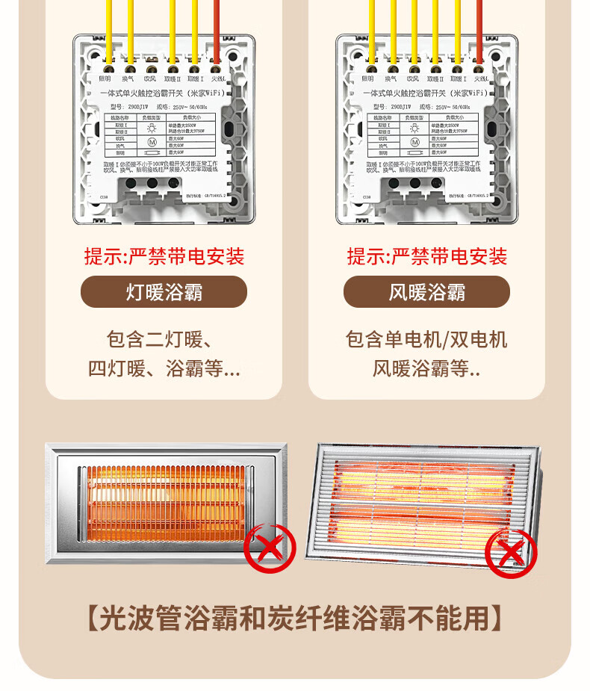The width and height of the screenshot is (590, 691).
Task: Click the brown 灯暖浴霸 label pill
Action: click(x=164, y=291)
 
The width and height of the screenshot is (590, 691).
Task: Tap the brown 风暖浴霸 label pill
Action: click(x=426, y=291)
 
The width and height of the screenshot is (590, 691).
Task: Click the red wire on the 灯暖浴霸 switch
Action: click(x=217, y=30)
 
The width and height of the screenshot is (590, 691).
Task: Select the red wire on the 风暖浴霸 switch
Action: click(x=479, y=30)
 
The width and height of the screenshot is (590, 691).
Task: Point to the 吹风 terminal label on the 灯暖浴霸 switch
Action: click(x=151, y=78)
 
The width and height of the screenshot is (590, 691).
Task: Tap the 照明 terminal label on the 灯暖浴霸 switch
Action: click(x=105, y=78)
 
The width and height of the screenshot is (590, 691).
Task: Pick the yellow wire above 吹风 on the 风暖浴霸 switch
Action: click(x=414, y=30)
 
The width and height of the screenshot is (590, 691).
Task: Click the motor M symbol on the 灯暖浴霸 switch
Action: click(x=152, y=142)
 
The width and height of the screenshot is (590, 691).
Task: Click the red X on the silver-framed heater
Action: click(x=270, y=548)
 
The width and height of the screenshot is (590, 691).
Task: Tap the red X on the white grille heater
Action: click(x=511, y=553)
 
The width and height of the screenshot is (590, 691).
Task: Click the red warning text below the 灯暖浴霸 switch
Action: click(x=164, y=257)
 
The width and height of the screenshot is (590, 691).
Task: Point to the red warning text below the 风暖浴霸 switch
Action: click(x=426, y=257)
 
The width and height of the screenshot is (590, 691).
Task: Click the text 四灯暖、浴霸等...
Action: click(x=164, y=369)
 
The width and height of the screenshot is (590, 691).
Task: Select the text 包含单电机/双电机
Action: click(x=426, y=340)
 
